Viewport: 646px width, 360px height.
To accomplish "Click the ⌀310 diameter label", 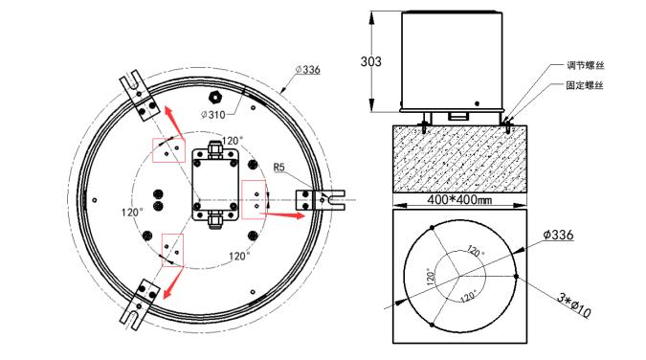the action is [x=213, y=115].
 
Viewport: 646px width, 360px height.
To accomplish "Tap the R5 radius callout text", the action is [x=278, y=168].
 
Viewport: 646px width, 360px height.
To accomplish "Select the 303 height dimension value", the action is [x=370, y=61].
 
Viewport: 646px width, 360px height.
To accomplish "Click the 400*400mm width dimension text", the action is [x=459, y=200].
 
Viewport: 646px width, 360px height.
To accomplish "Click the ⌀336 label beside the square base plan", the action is [x=558, y=235].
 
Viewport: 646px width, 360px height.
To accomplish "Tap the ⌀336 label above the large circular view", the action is [x=308, y=69].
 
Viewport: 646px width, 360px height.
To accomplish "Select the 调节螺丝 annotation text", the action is [x=585, y=65].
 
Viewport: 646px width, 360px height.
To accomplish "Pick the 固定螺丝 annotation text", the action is [x=585, y=85].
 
